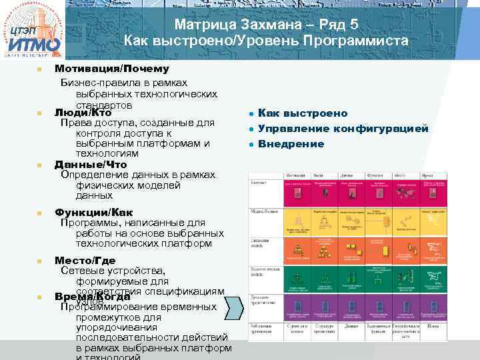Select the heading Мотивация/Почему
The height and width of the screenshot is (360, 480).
(111, 69)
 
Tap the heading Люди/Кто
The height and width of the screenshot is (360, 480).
(83, 113)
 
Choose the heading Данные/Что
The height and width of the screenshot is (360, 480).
(91, 164)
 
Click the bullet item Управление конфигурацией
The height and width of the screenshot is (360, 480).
(343, 129)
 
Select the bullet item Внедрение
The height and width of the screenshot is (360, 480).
(291, 144)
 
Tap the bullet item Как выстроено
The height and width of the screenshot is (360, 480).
(303, 113)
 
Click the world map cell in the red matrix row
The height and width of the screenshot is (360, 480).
(405, 191)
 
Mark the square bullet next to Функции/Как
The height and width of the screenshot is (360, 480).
(39, 213)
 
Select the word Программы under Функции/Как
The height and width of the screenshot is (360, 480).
(87, 223)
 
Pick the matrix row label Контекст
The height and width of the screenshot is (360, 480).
(260, 181)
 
